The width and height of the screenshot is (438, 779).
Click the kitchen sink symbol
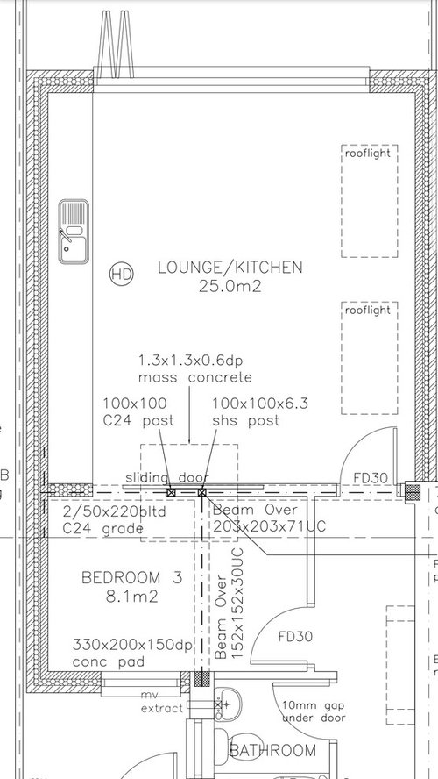(73, 232)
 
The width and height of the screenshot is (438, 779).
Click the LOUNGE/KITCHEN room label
(230, 268)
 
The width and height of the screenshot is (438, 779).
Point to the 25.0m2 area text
(230, 285)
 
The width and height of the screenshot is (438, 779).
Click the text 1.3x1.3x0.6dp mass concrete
(194, 369)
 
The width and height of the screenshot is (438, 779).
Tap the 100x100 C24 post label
(138, 412)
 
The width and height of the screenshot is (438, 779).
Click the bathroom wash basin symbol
(229, 702)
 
